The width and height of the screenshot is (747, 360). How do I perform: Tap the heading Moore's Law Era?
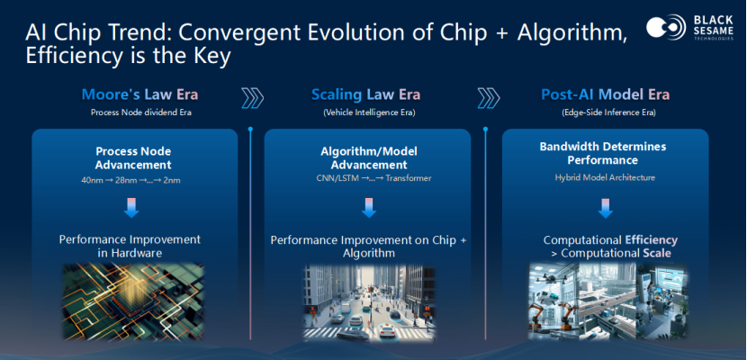139,94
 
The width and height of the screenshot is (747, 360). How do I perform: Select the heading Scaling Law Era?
366,94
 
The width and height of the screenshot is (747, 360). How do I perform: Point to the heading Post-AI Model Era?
605,94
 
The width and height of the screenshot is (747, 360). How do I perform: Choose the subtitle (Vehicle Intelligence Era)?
369,113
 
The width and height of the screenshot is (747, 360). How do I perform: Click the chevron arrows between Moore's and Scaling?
253,97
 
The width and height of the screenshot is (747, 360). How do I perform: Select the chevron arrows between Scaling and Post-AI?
489,97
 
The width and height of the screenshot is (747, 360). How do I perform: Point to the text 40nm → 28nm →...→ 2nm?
131,181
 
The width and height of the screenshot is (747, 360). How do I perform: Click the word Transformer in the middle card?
409,178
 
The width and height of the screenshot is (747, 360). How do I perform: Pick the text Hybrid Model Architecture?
605,177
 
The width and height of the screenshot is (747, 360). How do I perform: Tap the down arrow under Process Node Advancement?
131,208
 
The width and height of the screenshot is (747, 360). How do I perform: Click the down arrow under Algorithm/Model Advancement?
369,208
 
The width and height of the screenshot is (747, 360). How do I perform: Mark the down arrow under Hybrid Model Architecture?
606,208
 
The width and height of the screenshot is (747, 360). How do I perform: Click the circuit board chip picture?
133,301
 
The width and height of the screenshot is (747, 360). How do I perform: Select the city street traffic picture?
369,303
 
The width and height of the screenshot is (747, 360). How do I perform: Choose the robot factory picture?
608,301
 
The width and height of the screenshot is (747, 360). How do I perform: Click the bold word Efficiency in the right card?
652,240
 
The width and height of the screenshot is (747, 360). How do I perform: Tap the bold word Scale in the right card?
657,253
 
